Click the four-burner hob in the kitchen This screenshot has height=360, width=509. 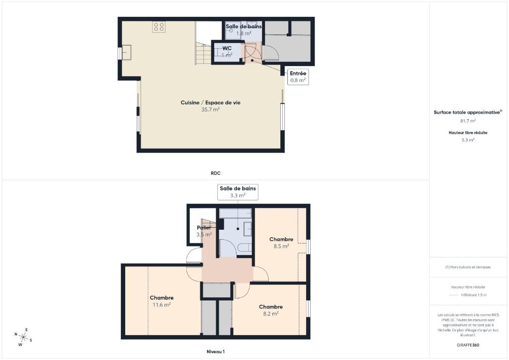pyautogui.click(x=159, y=27)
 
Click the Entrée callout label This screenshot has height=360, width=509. pyautogui.click(x=298, y=77)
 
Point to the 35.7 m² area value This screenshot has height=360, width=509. pyautogui.click(x=210, y=110)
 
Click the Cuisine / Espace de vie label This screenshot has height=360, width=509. pyautogui.click(x=210, y=102)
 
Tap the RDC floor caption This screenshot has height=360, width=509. pyautogui.click(x=216, y=174)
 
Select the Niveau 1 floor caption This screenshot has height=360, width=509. pyautogui.click(x=216, y=352)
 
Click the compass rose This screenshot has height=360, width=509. pyautogui.click(x=23, y=337)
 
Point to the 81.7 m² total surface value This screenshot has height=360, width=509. pyautogui.click(x=468, y=121)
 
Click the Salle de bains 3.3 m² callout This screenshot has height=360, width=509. pyautogui.click(x=238, y=192)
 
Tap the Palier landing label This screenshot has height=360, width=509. pyautogui.click(x=204, y=228)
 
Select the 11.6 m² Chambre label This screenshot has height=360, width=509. pyautogui.click(x=162, y=301)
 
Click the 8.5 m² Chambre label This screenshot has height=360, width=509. pyautogui.click(x=281, y=243)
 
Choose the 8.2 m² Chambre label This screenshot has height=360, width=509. pyautogui.click(x=271, y=310)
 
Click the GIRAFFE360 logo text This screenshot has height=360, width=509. pyautogui.click(x=468, y=345)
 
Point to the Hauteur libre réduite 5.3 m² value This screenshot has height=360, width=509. pyautogui.click(x=468, y=140)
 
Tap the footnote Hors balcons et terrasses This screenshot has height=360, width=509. pyautogui.click(x=468, y=267)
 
